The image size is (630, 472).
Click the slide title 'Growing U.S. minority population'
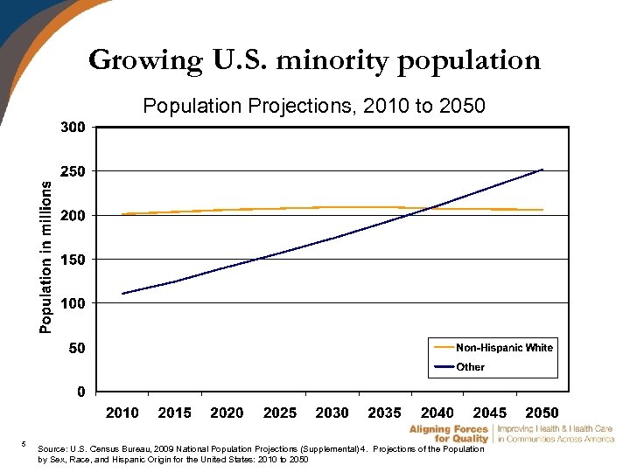[314, 60]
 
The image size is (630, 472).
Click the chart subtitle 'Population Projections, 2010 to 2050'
[313, 107]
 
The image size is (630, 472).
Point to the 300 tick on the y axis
[73, 127]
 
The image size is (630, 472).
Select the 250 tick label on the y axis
[73, 171]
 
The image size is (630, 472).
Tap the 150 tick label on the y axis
[73, 260]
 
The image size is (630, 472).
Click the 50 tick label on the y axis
[76, 348]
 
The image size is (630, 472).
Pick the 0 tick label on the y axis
[80, 392]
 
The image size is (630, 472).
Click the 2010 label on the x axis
[122, 413]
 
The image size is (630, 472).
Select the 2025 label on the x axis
[280, 413]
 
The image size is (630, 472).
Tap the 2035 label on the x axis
[385, 413]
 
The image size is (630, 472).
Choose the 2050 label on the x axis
[542, 413]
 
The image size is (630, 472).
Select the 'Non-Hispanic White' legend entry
[504, 348]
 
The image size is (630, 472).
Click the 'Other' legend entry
[470, 367]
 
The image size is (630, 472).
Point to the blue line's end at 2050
[542, 170]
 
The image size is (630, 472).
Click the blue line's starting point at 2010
[122, 294]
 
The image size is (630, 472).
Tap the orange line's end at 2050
[542, 210]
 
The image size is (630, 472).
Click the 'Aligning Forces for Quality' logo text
[448, 434]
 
